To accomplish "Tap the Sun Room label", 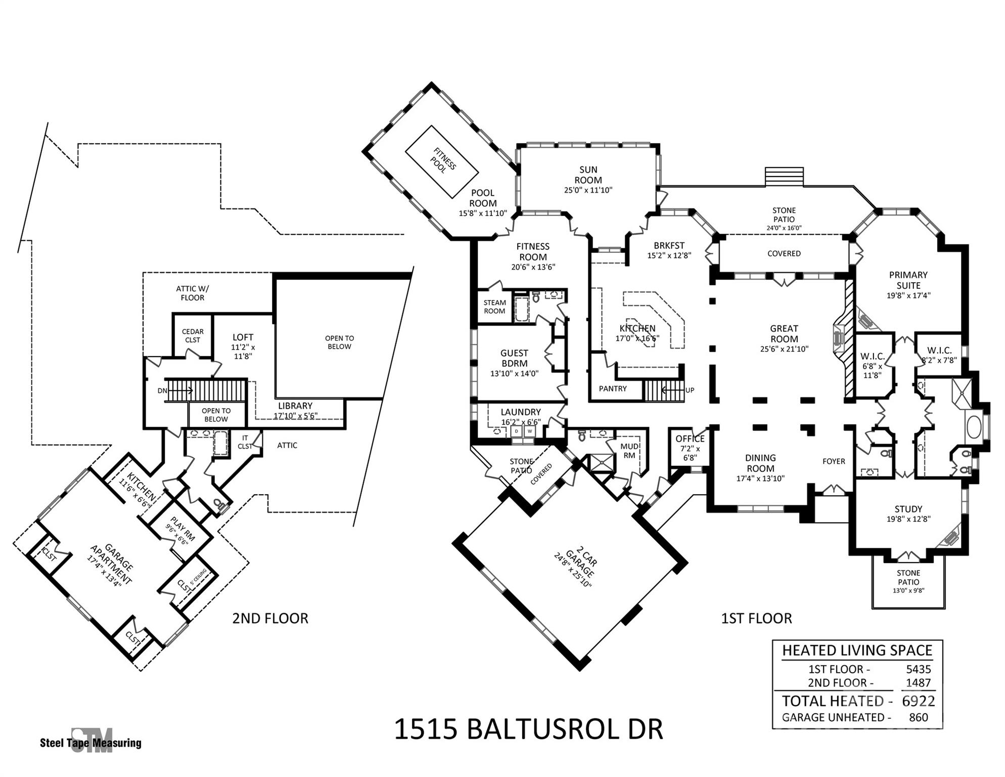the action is pos(588,175).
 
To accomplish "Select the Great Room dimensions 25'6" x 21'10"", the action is pos(784,349).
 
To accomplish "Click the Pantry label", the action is pos(613,389).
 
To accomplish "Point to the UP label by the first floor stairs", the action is pos(690,390).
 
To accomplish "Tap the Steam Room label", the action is pos(494,307).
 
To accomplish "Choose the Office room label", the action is pos(690,439).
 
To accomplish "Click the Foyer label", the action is pos(834,461).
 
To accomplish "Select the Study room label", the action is pos(908,509).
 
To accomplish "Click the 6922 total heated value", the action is pos(919,701).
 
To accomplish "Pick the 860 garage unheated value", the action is pos(919,717).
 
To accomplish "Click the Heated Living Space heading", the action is pos(857,650).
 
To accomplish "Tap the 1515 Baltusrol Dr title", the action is pos(528,729).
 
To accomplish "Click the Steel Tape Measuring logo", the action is pos(91,741).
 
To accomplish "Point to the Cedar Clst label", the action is pos(193,336).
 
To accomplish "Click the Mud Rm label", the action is pos(629,451).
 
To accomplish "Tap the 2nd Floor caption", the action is pos(270,618).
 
